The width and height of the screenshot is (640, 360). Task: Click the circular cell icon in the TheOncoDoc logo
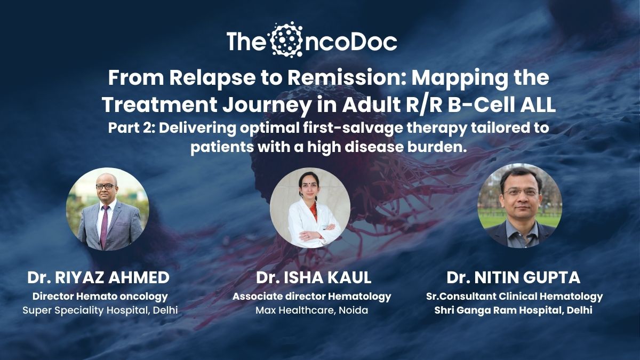coord(286,39)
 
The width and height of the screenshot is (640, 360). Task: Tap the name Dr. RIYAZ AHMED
coord(99,277)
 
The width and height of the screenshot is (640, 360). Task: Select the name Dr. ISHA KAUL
coord(314,277)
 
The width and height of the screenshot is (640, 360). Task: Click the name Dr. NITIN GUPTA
coord(513,277)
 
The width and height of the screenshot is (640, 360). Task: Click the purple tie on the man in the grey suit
coord(105,226)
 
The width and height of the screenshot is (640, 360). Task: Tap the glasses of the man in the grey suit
coord(106,186)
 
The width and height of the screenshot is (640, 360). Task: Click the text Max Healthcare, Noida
coord(311,310)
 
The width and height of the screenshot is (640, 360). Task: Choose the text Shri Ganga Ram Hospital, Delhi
coord(513,310)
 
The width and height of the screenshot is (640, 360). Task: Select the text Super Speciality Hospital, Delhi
coord(100,310)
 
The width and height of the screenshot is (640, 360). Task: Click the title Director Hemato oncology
coord(100,297)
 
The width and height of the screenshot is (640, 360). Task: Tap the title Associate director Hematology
coord(311,297)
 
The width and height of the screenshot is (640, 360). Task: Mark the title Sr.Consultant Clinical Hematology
coord(514,297)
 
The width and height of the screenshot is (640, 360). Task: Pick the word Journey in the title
coord(266,106)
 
